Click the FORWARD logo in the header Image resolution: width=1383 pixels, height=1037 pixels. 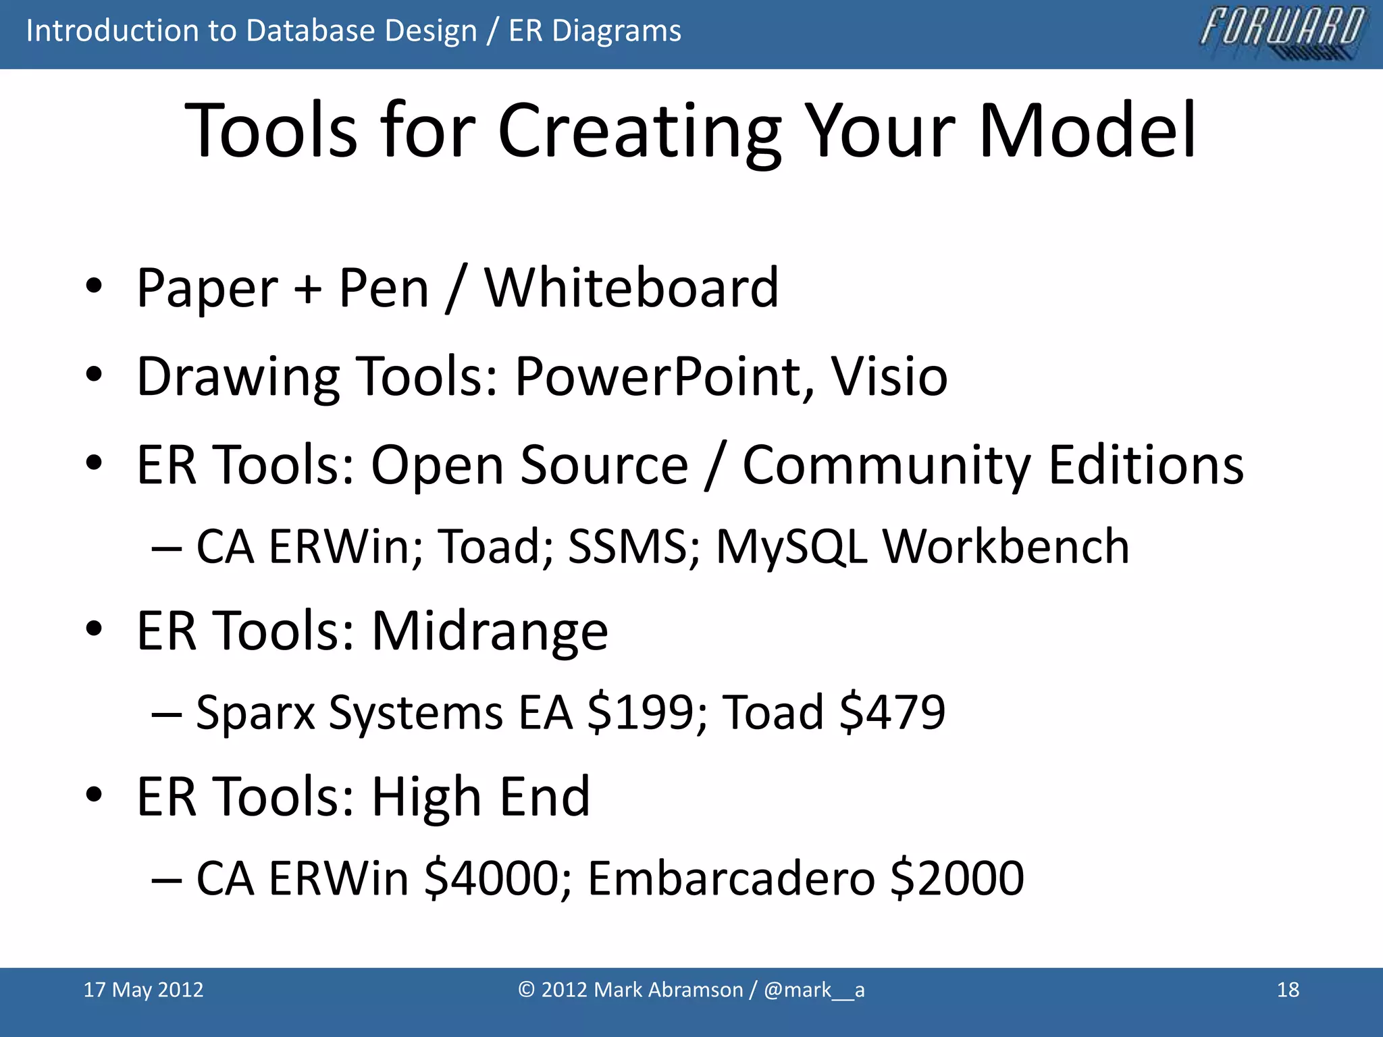click(1282, 33)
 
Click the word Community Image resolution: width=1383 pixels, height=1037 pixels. click(887, 465)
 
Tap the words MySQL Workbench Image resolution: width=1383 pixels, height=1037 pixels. click(922, 546)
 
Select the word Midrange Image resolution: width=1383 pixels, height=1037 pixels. click(490, 631)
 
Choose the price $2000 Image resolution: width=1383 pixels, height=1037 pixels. click(957, 878)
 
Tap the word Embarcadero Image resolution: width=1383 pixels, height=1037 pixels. click(731, 878)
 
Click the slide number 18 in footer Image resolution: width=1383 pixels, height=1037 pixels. click(1288, 990)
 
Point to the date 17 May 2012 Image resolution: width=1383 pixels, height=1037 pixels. click(143, 990)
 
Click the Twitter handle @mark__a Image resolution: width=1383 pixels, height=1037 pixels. click(814, 990)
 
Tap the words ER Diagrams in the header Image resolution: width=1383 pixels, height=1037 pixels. click(594, 31)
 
